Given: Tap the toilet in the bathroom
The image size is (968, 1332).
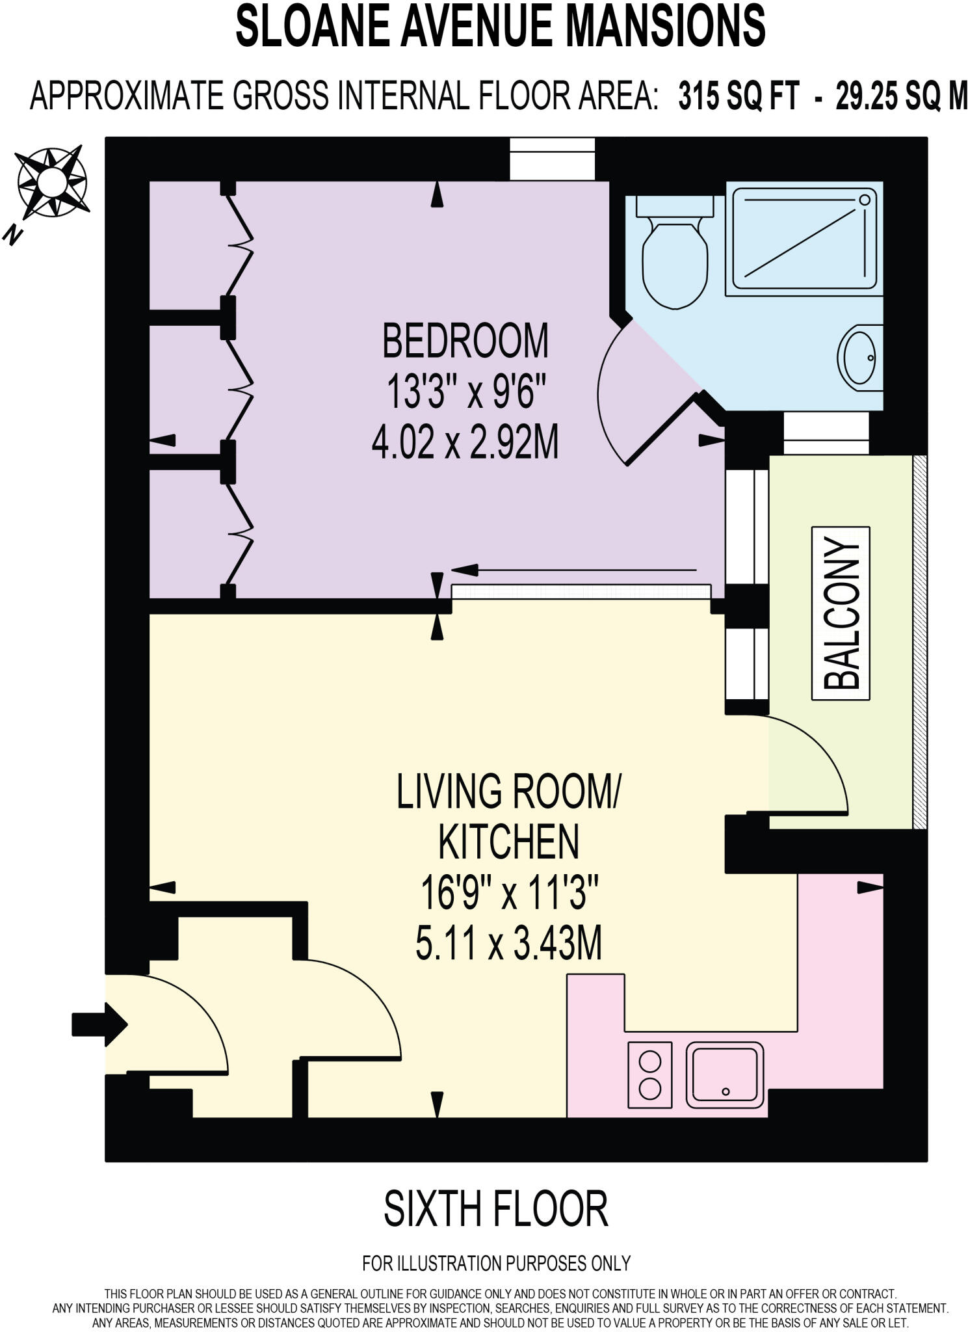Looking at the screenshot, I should coord(674,256).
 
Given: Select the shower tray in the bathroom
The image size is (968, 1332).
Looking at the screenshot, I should coord(804,238).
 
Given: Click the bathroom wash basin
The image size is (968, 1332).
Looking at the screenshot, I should coord(861,358).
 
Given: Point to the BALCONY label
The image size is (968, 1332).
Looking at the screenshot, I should coord(841,613).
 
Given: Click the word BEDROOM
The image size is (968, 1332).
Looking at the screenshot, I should coord(465,341).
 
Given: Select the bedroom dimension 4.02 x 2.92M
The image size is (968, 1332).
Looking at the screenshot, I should coord(465,444).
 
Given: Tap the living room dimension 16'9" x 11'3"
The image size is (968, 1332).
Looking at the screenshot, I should coord(509,893).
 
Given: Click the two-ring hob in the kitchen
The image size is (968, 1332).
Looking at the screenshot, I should coord(649,1075).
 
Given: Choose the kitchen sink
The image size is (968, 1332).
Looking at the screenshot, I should coord(725,1074).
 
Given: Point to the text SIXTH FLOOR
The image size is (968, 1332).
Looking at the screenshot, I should coord(495,1209).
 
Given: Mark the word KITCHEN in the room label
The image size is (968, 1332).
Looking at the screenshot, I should coord(509,842).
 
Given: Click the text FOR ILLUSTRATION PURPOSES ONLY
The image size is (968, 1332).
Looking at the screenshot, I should coord(496,1263).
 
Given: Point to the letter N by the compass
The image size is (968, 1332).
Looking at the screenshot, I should coord(12,235).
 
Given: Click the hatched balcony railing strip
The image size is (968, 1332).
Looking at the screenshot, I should coord(919,642).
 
